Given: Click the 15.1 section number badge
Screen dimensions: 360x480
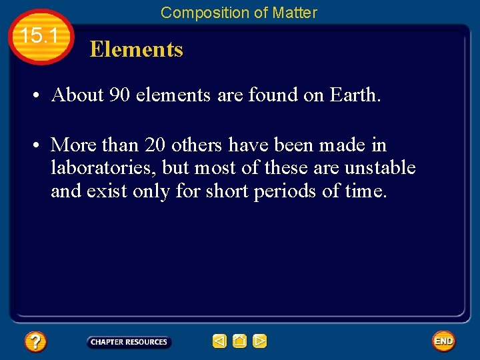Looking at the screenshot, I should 41,37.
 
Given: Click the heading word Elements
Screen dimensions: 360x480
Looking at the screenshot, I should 136,49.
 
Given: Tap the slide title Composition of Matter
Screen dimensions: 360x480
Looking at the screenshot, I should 239,12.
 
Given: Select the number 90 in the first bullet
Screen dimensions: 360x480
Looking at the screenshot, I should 119,95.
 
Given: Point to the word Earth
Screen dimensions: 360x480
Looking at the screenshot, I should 355,95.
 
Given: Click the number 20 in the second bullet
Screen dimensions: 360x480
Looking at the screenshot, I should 155,145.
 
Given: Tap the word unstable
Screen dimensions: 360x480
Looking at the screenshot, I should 379,168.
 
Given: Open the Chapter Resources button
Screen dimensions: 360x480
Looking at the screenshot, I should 129,342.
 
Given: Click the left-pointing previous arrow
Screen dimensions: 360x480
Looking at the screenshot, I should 219,341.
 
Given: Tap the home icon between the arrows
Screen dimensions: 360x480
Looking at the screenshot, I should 239,341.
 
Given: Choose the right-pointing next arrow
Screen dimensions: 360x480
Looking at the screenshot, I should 259,341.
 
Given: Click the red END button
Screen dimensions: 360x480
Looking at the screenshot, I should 443,341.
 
